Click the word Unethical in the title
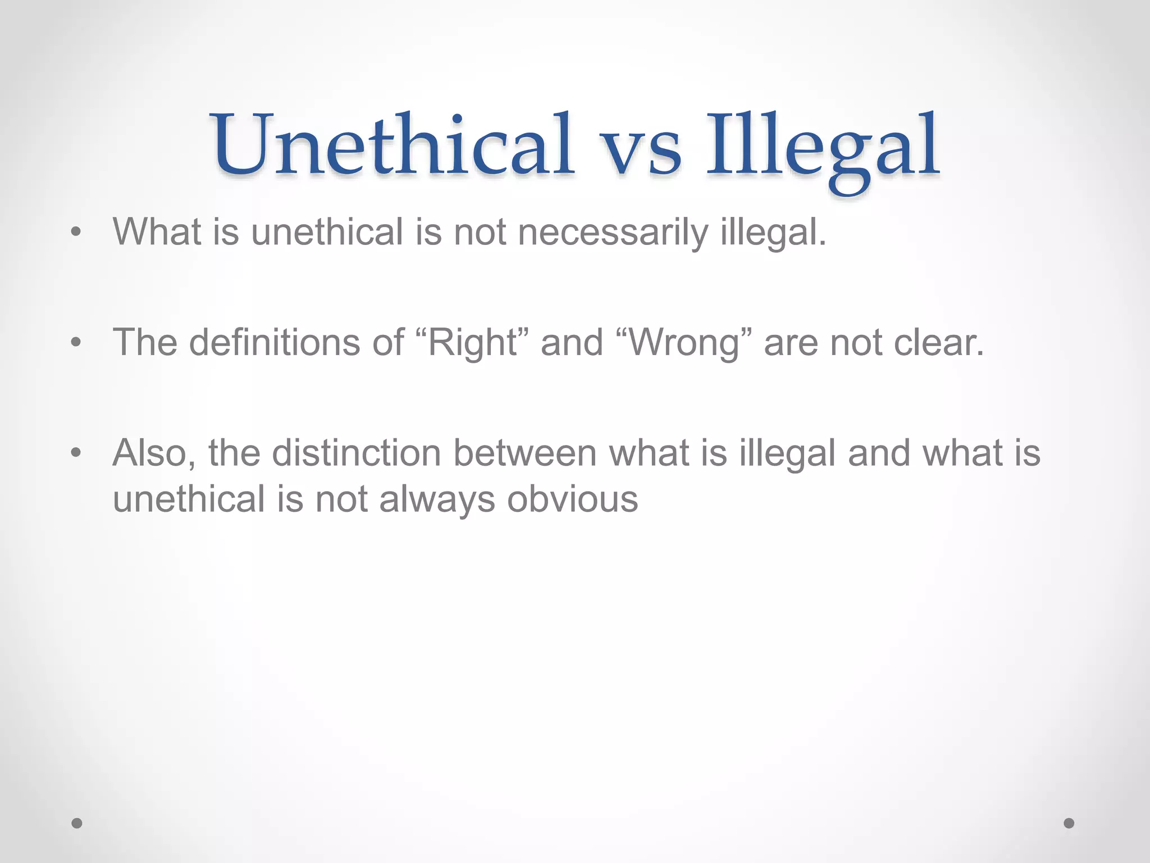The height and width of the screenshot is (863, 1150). click(x=393, y=145)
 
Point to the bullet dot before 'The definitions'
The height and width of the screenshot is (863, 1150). click(x=76, y=342)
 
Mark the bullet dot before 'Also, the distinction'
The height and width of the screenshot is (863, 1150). click(x=76, y=452)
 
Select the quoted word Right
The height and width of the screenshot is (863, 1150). click(x=472, y=342)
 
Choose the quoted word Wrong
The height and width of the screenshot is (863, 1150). click(x=684, y=342)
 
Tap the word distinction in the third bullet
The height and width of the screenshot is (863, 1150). click(x=357, y=453)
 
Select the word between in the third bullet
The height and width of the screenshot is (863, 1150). click(x=524, y=453)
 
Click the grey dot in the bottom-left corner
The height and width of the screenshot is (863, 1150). click(x=77, y=823)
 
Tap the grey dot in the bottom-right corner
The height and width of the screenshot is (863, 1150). click(x=1069, y=823)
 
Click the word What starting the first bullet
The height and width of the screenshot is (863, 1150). click(x=157, y=231)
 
